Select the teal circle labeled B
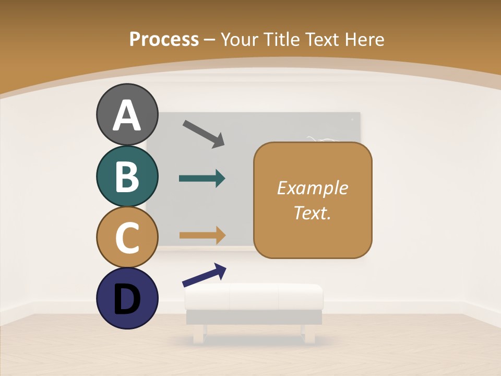127,176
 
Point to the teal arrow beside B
202,179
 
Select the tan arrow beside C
202,235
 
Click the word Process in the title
164,39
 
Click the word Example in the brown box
312,188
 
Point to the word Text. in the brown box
312,213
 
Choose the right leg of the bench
309,334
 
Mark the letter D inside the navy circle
127,299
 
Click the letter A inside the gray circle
127,115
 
